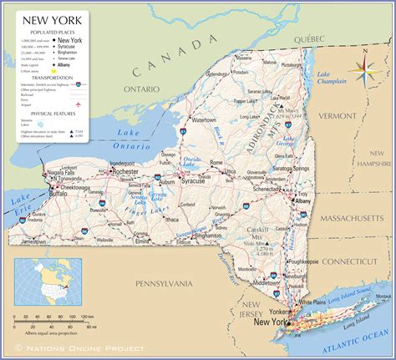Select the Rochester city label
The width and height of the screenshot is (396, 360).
126,170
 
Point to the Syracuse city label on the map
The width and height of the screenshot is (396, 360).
193,180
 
